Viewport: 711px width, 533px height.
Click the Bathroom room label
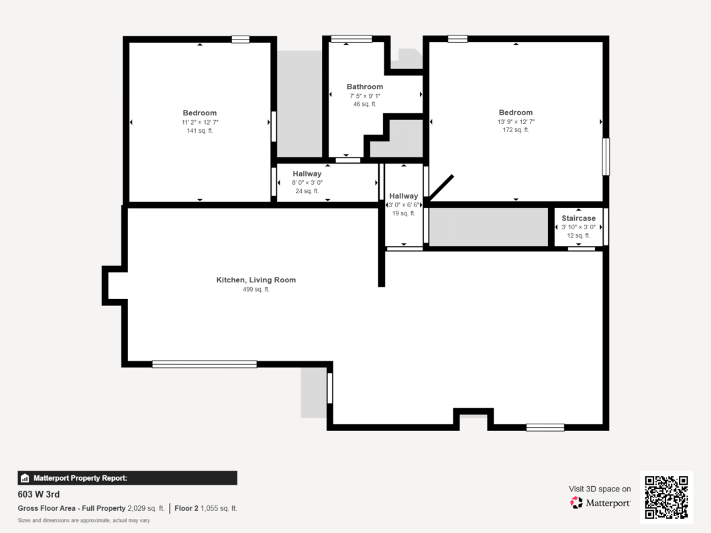(x=365, y=86)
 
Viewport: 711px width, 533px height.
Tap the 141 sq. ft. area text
(x=199, y=131)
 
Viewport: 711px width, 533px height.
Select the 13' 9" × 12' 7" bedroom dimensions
(x=516, y=121)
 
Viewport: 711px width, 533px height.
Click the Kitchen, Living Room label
(x=256, y=280)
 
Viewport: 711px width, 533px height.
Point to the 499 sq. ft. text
(x=256, y=289)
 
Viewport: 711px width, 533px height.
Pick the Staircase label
(x=579, y=218)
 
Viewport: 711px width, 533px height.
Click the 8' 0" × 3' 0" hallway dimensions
(x=307, y=182)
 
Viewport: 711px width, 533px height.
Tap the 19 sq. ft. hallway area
(x=404, y=213)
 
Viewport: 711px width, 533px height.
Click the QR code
(x=667, y=497)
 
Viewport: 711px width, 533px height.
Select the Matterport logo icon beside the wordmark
(x=576, y=503)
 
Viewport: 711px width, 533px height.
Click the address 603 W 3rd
(x=38, y=495)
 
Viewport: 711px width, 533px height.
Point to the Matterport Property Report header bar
(x=127, y=478)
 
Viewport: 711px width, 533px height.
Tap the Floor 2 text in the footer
(x=186, y=508)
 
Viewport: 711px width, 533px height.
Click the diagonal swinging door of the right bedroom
(x=440, y=188)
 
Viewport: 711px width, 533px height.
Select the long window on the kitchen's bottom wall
(x=205, y=364)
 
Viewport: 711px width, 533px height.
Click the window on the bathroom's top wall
(x=351, y=39)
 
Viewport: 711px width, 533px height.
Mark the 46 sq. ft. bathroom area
(x=365, y=104)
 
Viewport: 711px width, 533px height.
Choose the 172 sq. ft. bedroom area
(x=516, y=129)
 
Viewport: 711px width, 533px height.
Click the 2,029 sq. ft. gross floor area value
(x=146, y=508)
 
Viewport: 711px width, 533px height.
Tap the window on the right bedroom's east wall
(x=606, y=156)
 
